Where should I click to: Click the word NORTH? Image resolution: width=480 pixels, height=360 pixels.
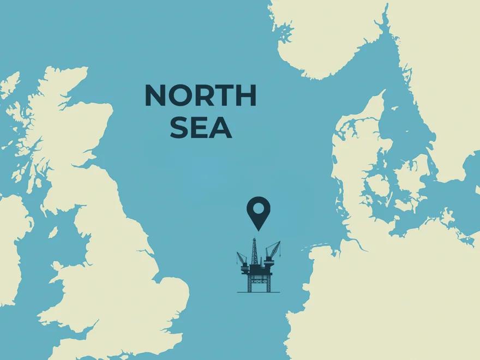coord(200,96)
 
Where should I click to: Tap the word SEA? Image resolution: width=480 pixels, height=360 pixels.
coord(200,128)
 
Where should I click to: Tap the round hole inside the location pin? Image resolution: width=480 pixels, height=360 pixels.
coord(258,208)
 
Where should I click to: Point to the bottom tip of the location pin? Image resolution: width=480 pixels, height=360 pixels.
coord(258,230)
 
